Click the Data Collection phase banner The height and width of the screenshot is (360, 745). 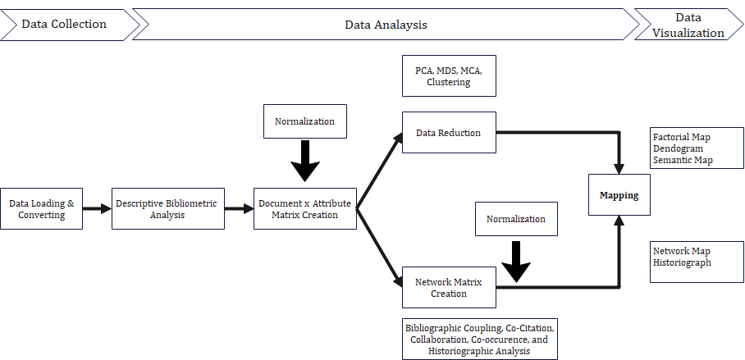point(66,25)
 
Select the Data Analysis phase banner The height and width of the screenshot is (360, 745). point(386,25)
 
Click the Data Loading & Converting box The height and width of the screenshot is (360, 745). point(41,208)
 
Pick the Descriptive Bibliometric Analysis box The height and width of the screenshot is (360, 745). point(167,208)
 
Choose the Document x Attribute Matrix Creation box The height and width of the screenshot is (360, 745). point(304,208)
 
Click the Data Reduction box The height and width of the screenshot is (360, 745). point(449,132)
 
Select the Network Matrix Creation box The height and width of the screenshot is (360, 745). point(449,287)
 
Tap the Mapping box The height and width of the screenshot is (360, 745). point(619,195)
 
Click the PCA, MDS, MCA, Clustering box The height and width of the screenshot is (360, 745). point(449,76)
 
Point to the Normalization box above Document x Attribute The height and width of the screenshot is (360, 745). point(304,121)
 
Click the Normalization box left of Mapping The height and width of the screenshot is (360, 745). point(516,219)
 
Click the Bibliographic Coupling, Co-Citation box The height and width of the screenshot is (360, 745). point(480,339)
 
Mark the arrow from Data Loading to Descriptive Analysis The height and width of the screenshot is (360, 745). point(97,208)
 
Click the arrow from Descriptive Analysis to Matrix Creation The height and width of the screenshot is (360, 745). point(239,208)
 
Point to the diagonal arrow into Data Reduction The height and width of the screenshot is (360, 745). point(380,170)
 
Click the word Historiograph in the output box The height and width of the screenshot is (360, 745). point(682,263)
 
